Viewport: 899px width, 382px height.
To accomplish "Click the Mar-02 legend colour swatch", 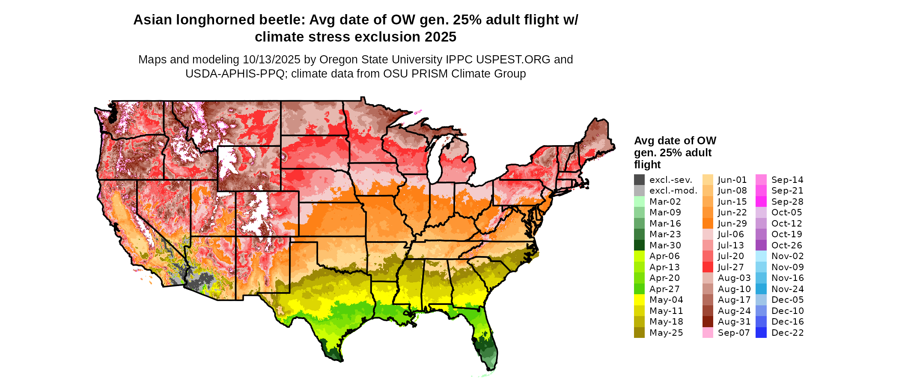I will point(639,202).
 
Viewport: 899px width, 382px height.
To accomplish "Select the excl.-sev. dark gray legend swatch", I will point(639,180).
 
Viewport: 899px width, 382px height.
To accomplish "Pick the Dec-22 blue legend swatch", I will point(761,333).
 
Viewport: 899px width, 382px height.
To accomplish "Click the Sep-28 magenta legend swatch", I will point(761,202).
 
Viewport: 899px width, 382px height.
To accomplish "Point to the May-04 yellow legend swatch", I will point(639,300).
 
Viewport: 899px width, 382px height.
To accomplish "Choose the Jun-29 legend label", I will point(732,224).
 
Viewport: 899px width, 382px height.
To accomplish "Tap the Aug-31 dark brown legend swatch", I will point(708,322).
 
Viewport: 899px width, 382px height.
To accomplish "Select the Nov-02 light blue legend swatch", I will point(761,256).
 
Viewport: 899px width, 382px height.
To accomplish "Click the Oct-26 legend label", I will point(786,245).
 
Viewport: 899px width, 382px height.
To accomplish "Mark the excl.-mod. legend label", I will point(673,191).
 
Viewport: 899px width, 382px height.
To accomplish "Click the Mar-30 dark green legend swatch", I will point(639,245).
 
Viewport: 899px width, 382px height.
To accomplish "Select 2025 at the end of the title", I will point(441,37).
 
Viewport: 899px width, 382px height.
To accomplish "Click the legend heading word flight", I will point(647,165).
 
